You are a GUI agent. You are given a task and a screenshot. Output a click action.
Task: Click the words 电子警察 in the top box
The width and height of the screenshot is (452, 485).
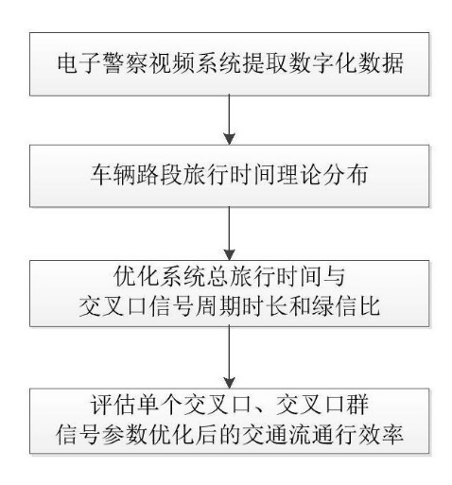103,64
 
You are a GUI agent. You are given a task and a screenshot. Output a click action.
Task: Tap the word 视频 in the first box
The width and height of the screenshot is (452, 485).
172,64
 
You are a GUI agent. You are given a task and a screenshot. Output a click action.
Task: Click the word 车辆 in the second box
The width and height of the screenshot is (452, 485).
113,175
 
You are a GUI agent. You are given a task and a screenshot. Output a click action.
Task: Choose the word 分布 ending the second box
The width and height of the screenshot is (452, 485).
344,175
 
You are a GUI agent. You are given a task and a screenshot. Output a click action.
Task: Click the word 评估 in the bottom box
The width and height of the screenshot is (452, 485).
113,405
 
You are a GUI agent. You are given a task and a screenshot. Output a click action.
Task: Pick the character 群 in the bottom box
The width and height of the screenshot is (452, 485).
356,405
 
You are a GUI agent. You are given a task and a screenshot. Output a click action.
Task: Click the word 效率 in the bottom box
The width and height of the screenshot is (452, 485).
380,434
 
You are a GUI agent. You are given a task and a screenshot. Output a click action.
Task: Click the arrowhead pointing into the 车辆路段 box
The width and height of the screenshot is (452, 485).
229,139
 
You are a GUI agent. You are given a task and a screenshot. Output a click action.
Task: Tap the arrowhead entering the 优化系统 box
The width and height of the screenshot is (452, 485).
229,254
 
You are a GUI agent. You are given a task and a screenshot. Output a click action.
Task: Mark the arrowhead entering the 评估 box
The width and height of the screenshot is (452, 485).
229,382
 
